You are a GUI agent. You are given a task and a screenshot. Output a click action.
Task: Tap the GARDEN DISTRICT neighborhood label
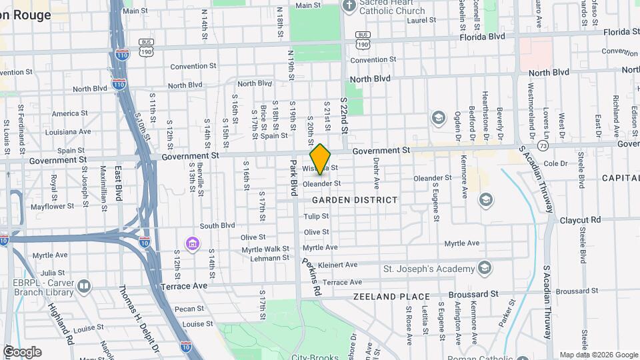[x=354, y=200]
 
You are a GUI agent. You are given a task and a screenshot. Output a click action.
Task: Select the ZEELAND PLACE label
[x=384, y=296]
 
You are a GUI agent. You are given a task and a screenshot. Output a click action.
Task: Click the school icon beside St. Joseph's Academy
[x=485, y=269]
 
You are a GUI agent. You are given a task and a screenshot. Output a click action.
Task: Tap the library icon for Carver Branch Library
[x=84, y=287]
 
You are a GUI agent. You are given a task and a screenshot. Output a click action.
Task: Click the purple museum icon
[x=193, y=245]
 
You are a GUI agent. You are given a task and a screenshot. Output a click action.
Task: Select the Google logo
[x=21, y=352]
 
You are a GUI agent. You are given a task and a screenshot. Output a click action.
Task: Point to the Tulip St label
[x=316, y=217]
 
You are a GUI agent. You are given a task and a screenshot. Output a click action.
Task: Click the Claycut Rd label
[x=580, y=219]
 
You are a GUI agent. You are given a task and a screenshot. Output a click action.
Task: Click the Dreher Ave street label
[x=376, y=171]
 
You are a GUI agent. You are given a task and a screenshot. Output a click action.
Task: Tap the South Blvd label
[x=217, y=226]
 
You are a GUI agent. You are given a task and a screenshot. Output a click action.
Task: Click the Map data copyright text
[x=598, y=355]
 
